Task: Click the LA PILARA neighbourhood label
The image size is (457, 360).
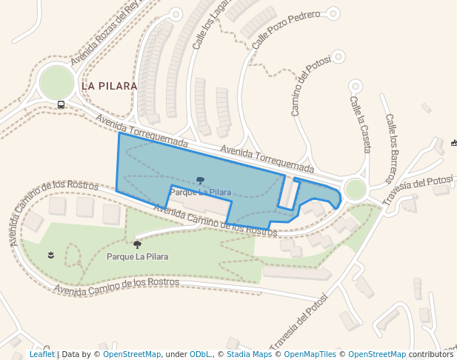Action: [x=109, y=86]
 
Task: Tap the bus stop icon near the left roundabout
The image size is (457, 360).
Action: [x=61, y=104]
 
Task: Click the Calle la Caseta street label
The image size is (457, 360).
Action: [x=360, y=124]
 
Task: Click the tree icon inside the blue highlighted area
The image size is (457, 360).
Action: [x=200, y=181]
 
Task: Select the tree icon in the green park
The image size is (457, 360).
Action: [x=137, y=244]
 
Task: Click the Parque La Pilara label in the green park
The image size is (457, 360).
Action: [x=137, y=257]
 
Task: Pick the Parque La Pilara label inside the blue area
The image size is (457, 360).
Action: [x=200, y=193]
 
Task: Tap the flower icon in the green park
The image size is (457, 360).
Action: [x=50, y=256]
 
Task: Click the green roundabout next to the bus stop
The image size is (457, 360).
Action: [x=57, y=82]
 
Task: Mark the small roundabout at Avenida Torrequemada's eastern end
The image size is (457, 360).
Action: [x=356, y=190]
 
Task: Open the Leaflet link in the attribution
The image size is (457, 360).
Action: [x=41, y=354]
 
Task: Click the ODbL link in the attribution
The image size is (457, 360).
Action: [x=200, y=354]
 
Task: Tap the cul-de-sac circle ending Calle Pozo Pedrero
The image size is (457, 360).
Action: [x=333, y=13]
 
